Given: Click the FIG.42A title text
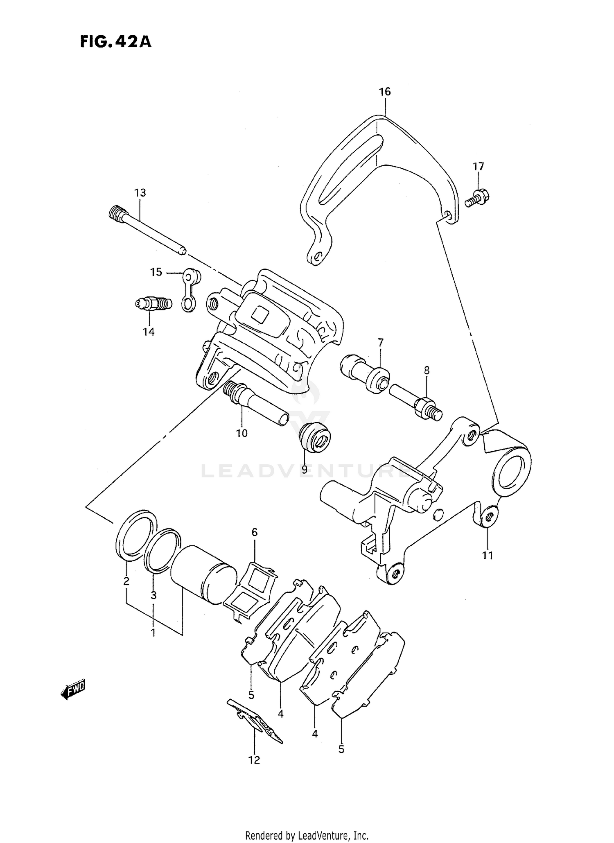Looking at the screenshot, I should [115, 41].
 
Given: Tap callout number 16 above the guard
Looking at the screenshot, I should [384, 91].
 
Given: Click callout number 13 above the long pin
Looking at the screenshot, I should [140, 192].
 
